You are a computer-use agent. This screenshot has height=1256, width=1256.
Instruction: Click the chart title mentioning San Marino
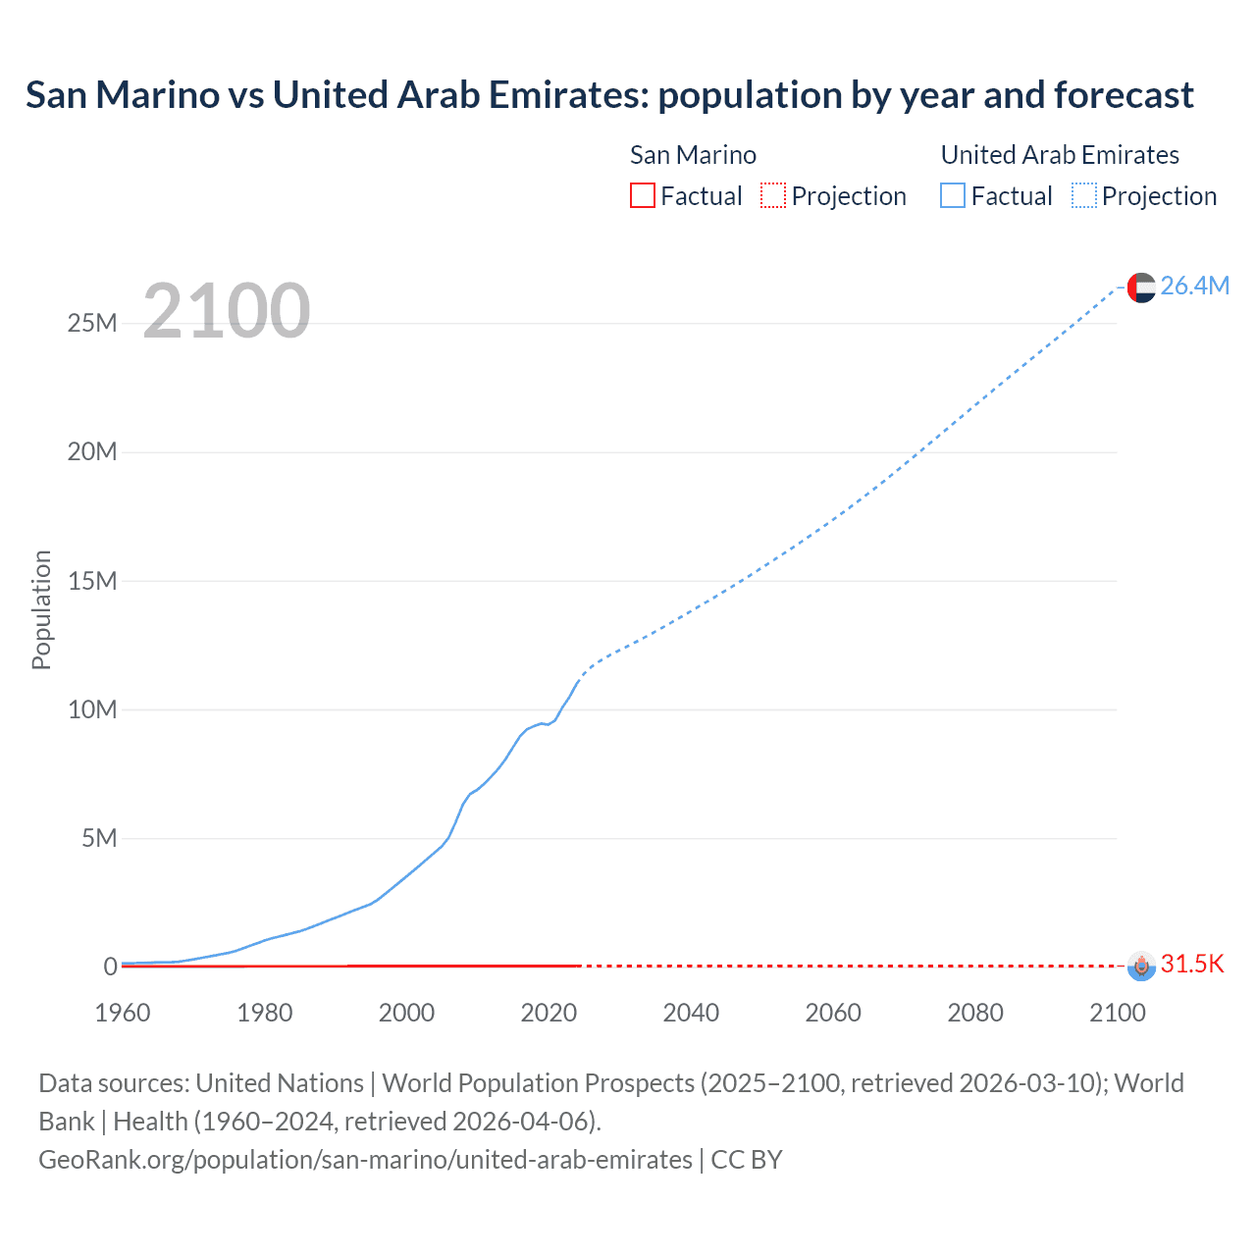pyautogui.click(x=609, y=95)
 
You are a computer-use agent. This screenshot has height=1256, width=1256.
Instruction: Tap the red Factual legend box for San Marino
pyautogui.click(x=642, y=195)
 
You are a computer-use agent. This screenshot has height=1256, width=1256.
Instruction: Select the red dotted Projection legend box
pyautogui.click(x=773, y=195)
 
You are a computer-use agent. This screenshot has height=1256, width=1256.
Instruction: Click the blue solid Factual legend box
pyautogui.click(x=952, y=195)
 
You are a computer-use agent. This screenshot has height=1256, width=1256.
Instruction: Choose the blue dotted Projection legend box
pyautogui.click(x=1083, y=195)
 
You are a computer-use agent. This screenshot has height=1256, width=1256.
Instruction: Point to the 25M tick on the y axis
pyautogui.click(x=92, y=323)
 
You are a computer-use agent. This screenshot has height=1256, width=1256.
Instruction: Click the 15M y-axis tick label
pyautogui.click(x=92, y=581)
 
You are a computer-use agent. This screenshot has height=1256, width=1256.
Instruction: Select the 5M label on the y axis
pyautogui.click(x=99, y=838)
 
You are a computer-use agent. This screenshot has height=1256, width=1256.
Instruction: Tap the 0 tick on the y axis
pyautogui.click(x=110, y=967)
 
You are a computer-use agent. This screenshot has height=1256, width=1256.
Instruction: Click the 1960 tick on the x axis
pyautogui.click(x=123, y=1013)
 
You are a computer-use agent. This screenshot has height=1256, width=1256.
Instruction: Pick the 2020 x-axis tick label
pyautogui.click(x=549, y=1013)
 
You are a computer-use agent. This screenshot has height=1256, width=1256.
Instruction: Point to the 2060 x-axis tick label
pyautogui.click(x=833, y=1013)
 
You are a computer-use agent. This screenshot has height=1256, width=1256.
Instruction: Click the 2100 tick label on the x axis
pyautogui.click(x=1117, y=1013)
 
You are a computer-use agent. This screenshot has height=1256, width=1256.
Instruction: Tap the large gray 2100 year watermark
pyautogui.click(x=227, y=311)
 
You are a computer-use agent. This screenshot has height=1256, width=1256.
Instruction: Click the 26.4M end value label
pyautogui.click(x=1194, y=286)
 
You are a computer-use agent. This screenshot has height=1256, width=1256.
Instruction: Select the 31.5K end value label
pyautogui.click(x=1192, y=964)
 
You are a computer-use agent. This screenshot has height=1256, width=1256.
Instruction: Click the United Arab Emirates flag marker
pyautogui.click(x=1141, y=288)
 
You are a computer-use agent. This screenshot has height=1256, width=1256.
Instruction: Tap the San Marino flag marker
pyautogui.click(x=1141, y=966)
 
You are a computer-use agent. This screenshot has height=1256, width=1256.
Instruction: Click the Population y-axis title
pyautogui.click(x=41, y=609)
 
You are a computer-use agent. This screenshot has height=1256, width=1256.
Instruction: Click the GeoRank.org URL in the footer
pyautogui.click(x=365, y=1160)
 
